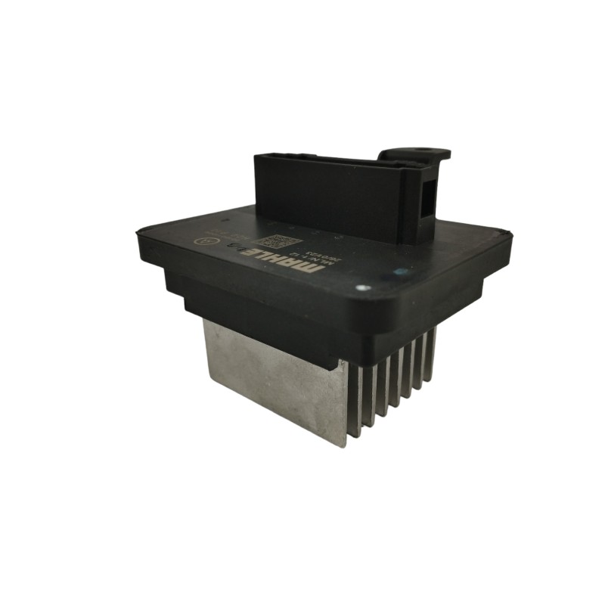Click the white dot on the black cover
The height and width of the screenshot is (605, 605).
[x=363, y=288]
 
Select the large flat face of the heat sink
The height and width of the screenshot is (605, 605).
[x=272, y=378]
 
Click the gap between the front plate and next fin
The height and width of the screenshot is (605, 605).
[x=354, y=401]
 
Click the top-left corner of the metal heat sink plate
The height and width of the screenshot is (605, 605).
[x=206, y=321]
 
